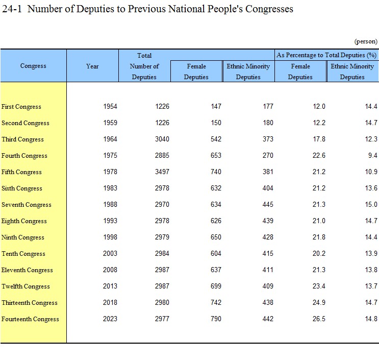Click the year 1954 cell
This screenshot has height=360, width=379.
click(x=110, y=106)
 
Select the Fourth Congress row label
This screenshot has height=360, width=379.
click(x=24, y=156)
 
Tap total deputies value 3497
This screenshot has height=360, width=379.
click(x=162, y=172)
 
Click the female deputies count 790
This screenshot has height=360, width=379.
click(x=216, y=319)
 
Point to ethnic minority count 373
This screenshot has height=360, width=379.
click(x=268, y=139)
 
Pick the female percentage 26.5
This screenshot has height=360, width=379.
click(x=319, y=319)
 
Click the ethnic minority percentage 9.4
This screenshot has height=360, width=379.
click(x=372, y=155)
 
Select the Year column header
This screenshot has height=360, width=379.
click(x=92, y=66)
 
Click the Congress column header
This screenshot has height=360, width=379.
click(x=33, y=66)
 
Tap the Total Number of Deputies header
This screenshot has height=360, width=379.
click(x=144, y=66)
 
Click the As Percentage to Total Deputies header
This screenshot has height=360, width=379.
click(x=326, y=55)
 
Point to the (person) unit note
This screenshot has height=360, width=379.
click(x=366, y=41)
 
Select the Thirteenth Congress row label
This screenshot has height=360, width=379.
click(x=30, y=303)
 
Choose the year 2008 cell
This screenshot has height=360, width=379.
click(x=110, y=270)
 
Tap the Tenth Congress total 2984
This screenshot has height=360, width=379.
click(x=162, y=253)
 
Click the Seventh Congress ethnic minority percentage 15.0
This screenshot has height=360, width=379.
click(x=371, y=204)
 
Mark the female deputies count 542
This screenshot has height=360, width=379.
click(x=216, y=139)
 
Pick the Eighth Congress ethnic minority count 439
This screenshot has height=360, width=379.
click(x=268, y=221)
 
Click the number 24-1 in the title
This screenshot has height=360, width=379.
click(x=12, y=9)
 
